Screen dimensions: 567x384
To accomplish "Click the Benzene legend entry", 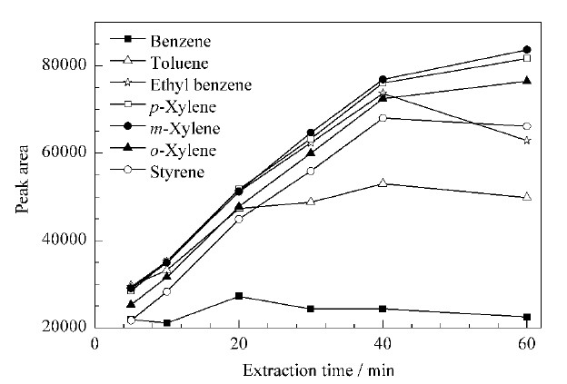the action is pyautogui.click(x=181, y=41).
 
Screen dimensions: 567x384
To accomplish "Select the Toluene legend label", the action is pyautogui.click(x=179, y=63).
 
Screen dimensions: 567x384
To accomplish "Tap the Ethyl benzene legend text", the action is pyautogui.click(x=201, y=85).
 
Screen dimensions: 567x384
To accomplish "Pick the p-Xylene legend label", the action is pyautogui.click(x=183, y=107).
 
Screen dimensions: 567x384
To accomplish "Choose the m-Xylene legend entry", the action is pyautogui.click(x=184, y=129).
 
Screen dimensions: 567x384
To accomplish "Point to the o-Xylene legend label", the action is pyautogui.click(x=183, y=151).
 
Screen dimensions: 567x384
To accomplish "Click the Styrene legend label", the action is pyautogui.click(x=177, y=172).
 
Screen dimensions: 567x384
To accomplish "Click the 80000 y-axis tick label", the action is pyautogui.click(x=65, y=64).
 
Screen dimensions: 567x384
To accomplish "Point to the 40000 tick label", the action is pyautogui.click(x=65, y=240).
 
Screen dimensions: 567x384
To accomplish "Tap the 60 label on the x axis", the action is pyautogui.click(x=526, y=343).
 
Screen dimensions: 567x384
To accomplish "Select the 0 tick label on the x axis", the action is pyautogui.click(x=94, y=343).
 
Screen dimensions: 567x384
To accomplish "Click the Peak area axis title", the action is pyautogui.click(x=22, y=179).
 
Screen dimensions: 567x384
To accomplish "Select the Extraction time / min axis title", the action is pyautogui.click(x=318, y=370).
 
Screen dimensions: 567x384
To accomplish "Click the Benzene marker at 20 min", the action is pyautogui.click(x=239, y=296).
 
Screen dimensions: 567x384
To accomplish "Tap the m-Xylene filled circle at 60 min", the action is pyautogui.click(x=527, y=50).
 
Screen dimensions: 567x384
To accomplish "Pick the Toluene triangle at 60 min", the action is pyautogui.click(x=527, y=197).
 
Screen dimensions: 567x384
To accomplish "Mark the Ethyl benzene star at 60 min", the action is pyautogui.click(x=527, y=140).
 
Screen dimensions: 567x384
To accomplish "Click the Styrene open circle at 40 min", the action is pyautogui.click(x=383, y=118).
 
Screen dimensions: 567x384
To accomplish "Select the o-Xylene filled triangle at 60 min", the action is pyautogui.click(x=527, y=80).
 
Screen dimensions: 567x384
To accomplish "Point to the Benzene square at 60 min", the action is pyautogui.click(x=527, y=317).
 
